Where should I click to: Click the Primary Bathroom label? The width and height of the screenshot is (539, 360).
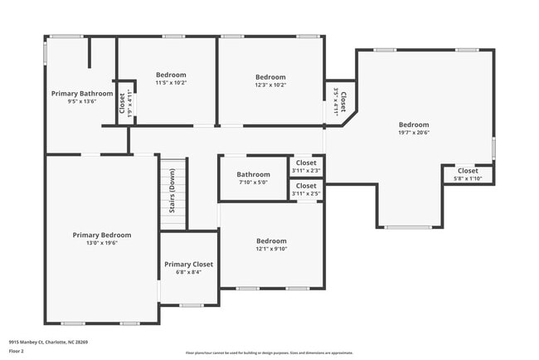tap(82, 94)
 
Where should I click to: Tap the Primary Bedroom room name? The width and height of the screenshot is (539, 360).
tap(101, 235)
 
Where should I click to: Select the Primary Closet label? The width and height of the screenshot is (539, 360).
tap(188, 264)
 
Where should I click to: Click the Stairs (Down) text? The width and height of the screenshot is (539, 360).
tap(172, 191)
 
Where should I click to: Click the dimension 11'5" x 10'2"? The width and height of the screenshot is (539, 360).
tap(172, 83)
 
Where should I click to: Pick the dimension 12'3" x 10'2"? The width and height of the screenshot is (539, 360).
tap(270, 85)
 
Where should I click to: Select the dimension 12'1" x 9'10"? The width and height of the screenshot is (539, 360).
tap(270, 249)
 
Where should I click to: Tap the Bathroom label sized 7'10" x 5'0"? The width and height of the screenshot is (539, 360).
tap(253, 174)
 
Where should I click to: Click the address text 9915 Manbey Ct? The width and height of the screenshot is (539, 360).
tap(48, 342)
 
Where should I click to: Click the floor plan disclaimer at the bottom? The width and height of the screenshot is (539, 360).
tap(269, 352)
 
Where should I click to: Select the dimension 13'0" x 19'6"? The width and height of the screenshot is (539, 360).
tap(101, 243)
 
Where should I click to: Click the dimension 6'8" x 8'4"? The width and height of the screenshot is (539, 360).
tap(188, 272)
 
